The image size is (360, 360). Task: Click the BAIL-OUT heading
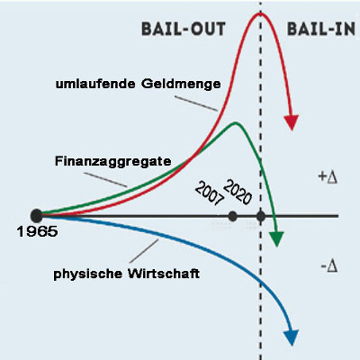(x=184, y=30)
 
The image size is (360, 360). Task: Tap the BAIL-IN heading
(x=321, y=30)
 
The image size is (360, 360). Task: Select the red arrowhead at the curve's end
(x=291, y=122)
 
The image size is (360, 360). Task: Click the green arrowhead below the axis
(x=276, y=239)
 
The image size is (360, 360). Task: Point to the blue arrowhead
(x=291, y=337)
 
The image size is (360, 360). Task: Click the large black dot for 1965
(x=37, y=215)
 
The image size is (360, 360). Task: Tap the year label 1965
(x=37, y=231)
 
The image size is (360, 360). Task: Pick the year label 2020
(x=238, y=192)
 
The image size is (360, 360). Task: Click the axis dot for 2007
(x=232, y=216)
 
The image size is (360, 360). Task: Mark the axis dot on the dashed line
(x=261, y=216)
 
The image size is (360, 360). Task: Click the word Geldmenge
(x=181, y=85)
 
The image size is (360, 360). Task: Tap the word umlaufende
(x=95, y=84)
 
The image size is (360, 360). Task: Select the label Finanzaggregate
(x=113, y=162)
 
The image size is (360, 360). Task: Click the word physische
(x=88, y=274)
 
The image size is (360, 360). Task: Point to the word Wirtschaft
(x=164, y=274)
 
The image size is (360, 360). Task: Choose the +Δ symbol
(x=328, y=177)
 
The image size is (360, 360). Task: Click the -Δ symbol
(x=329, y=266)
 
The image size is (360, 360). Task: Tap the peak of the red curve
(x=260, y=13)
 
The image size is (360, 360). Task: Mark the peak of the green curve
(x=235, y=122)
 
